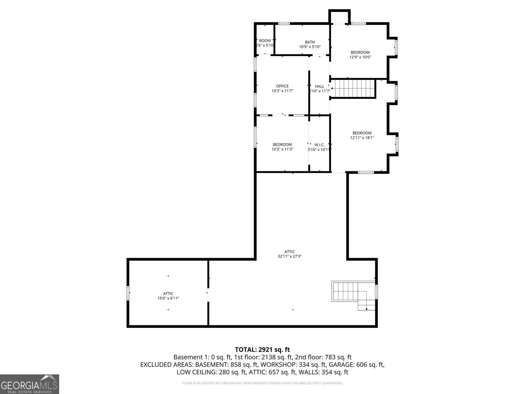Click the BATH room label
click(x=309, y=42)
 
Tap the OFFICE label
click(x=282, y=86)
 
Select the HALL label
click(x=319, y=87)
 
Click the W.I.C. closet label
click(x=319, y=145)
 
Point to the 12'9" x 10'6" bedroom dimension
click(x=360, y=57)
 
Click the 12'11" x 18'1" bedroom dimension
click(x=362, y=138)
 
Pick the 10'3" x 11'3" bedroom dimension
click(x=282, y=149)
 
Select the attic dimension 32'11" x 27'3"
click(x=289, y=256)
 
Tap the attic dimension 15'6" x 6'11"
click(x=168, y=298)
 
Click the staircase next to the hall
click(x=353, y=89)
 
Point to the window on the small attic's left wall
click(x=128, y=293)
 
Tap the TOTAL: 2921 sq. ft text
click(x=262, y=349)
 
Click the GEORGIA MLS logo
click(x=29, y=384)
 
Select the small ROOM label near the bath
click(x=265, y=41)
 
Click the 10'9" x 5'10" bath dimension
click(x=309, y=47)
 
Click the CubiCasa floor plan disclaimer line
click(x=262, y=383)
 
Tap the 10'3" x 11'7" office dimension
click(x=282, y=91)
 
